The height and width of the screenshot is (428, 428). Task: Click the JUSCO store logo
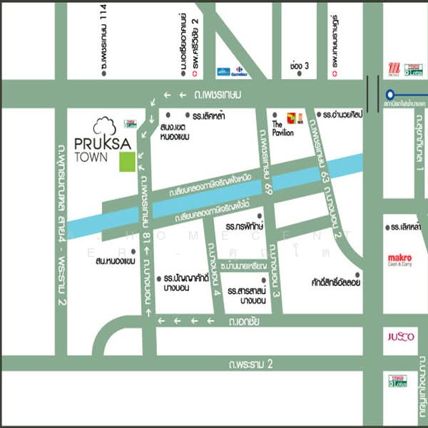(x=400, y=337)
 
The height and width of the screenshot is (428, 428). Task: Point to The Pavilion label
(x=282, y=128)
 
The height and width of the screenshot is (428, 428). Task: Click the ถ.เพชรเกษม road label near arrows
(x=219, y=95)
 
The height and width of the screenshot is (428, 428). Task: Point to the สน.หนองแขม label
(x=115, y=262)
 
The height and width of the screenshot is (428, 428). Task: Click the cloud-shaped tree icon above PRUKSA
(x=104, y=124)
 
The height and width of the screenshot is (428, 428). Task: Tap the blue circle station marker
(x=390, y=93)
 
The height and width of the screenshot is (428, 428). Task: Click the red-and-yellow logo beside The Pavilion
(x=295, y=118)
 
